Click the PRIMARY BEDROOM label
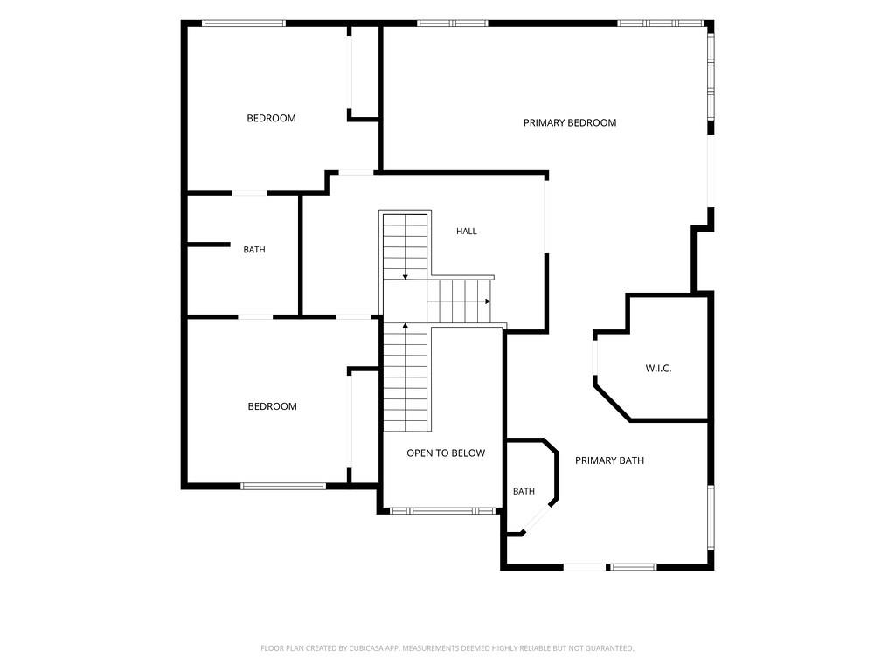tap(570, 122)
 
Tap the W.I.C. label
tap(658, 369)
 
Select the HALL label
tap(467, 231)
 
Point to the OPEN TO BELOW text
tap(446, 453)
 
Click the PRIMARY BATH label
tap(609, 460)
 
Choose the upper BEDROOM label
tap(271, 118)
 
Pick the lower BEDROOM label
tap(273, 406)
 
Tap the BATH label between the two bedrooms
tap(254, 249)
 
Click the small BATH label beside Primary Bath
tap(524, 491)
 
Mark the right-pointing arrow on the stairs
tap(488, 301)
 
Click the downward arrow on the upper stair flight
tap(406, 277)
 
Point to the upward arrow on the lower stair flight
tap(406, 326)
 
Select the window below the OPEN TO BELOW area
tap(443, 510)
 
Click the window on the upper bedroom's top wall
tap(244, 24)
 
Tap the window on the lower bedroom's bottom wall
tap(283, 486)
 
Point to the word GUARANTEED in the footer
tap(612, 648)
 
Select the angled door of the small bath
tap(538, 518)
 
